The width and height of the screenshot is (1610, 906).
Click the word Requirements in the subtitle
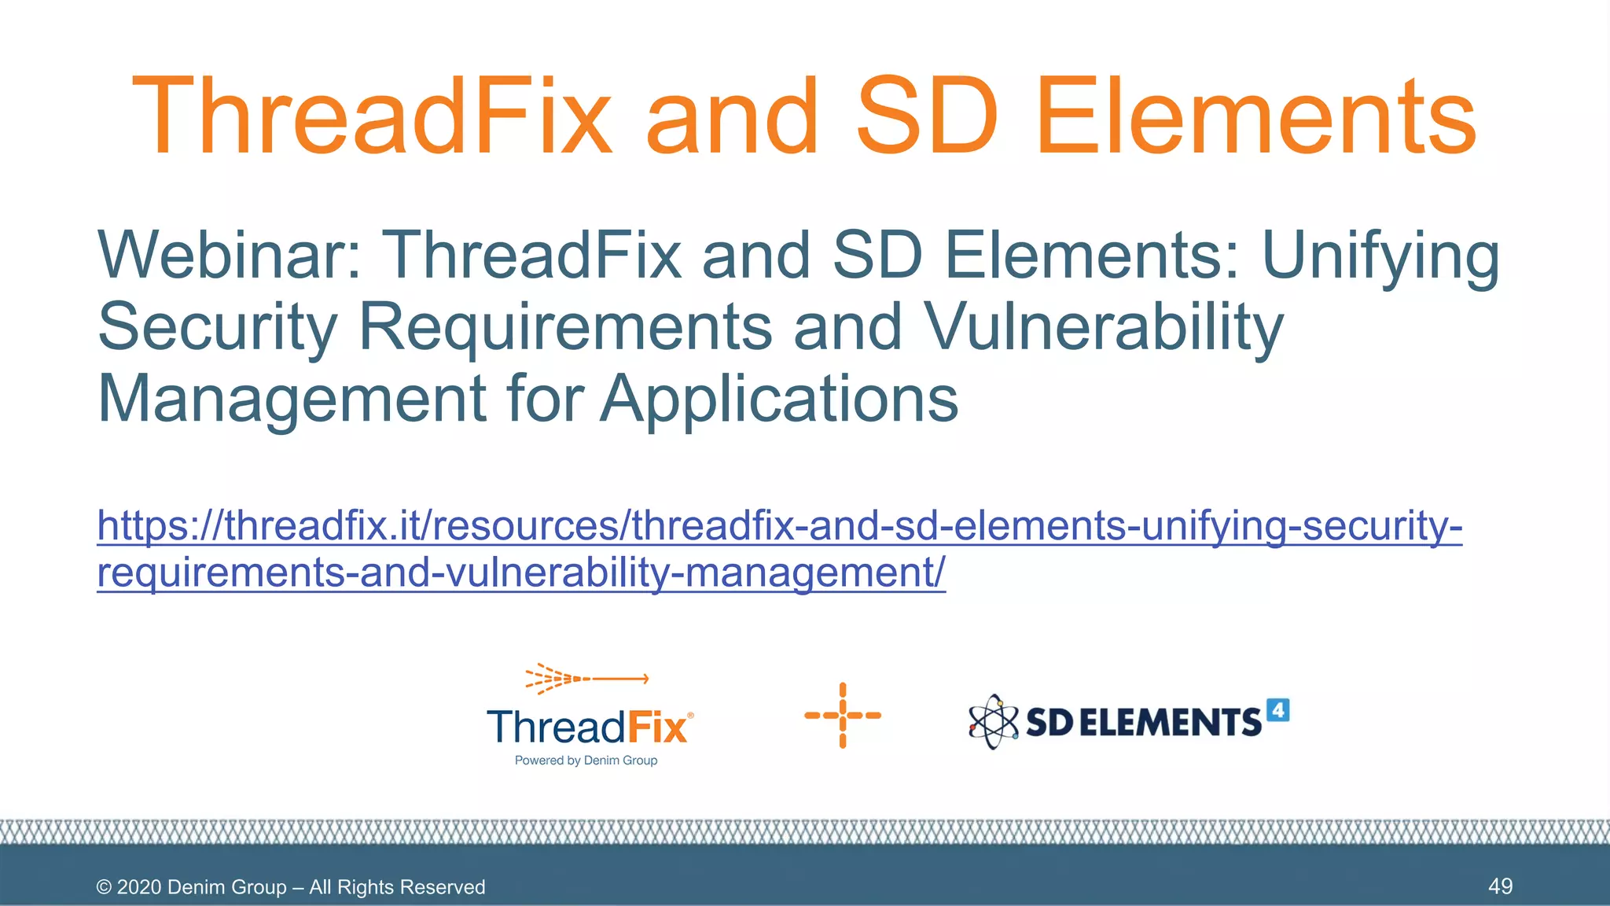(565, 327)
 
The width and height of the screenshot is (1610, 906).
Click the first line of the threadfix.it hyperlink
(779, 525)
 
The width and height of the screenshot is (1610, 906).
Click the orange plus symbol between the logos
(843, 716)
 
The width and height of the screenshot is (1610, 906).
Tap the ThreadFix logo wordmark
(589, 727)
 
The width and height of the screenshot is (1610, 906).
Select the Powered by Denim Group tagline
(586, 761)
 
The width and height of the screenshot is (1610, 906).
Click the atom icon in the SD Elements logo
(993, 721)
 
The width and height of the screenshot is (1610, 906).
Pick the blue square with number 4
(1278, 710)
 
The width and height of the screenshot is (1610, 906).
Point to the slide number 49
(1500, 886)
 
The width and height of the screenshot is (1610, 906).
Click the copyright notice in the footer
(291, 887)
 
